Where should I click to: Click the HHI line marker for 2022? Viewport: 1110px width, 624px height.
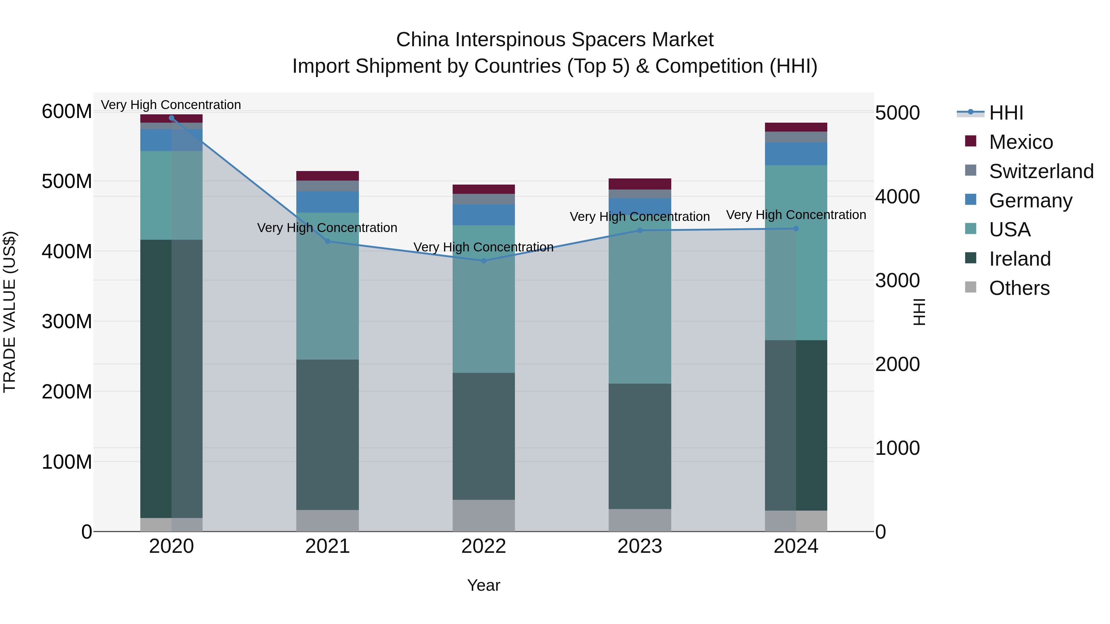483,260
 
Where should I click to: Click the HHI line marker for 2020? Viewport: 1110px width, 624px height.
171,118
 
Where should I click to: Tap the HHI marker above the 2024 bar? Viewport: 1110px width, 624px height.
796,229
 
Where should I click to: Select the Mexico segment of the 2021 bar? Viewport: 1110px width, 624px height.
327,176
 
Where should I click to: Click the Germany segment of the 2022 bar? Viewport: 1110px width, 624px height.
483,214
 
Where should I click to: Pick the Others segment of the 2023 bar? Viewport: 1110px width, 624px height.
639,520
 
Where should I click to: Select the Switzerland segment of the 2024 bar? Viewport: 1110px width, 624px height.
796,137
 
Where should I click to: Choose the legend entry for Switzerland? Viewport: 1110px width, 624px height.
1041,171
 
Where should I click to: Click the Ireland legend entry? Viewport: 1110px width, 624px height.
1020,259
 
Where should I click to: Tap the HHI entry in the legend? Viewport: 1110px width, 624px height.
1006,113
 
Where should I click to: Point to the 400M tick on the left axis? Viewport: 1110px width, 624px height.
67,251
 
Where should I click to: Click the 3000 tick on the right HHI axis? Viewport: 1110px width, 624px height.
897,280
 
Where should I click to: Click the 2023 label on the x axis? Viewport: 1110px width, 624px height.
639,546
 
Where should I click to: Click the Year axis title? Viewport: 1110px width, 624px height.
483,585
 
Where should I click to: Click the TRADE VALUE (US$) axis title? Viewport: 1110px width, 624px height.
10,312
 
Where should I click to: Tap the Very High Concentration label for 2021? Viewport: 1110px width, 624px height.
327,227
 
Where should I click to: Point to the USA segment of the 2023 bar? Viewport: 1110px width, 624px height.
639,301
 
